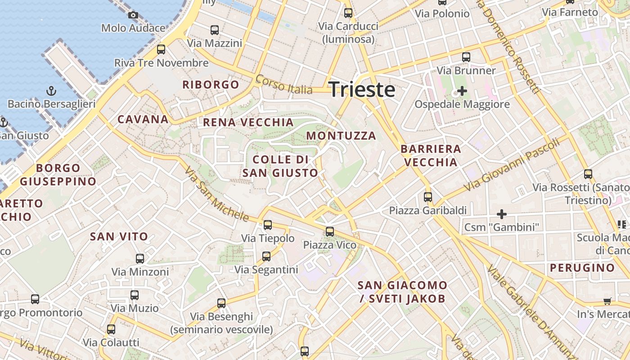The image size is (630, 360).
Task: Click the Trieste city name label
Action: pos(362,90)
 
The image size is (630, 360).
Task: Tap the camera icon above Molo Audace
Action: pos(133,15)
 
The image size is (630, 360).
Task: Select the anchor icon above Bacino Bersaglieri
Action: pos(52,91)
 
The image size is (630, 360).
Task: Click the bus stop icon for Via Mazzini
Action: pos(215,30)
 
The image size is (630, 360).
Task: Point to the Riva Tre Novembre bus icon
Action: pos(161,49)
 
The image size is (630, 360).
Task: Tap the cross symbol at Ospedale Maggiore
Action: pos(462,91)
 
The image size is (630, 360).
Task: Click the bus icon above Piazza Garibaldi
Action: pos(427,197)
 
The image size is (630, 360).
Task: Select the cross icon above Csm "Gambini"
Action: pos(501,214)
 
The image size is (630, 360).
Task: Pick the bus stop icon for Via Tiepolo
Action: pos(268,225)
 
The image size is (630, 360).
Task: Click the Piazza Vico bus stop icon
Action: pos(330,232)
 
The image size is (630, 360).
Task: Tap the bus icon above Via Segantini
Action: pos(266,256)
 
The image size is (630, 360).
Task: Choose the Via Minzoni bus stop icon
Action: pos(140,259)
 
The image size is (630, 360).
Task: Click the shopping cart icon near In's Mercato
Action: pos(607,301)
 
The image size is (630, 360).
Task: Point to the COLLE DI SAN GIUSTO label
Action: pos(280,166)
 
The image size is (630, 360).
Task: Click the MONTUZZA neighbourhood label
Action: pos(341,135)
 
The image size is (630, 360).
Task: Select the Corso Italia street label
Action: pos(284,85)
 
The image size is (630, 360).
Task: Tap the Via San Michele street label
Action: pos(216,194)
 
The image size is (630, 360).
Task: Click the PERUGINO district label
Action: pos(582,268)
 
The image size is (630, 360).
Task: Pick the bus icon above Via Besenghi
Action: pos(221,303)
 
